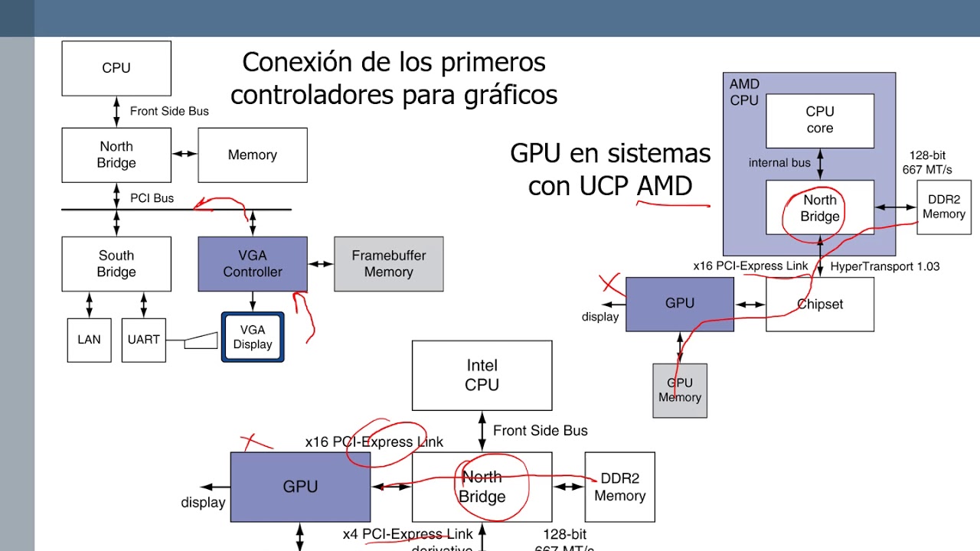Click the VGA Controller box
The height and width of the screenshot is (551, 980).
tap(253, 264)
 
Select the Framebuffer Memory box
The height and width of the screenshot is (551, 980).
tap(388, 264)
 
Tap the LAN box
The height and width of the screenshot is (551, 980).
tap(89, 340)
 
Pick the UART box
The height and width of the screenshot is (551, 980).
tap(143, 340)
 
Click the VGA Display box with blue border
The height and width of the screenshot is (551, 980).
tap(253, 337)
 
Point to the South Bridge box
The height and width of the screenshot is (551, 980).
tap(116, 264)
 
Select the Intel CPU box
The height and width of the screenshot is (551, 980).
tap(482, 376)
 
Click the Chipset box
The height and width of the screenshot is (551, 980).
tap(820, 304)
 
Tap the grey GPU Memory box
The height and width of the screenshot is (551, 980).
tap(680, 390)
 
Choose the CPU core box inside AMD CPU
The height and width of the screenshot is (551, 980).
tap(820, 120)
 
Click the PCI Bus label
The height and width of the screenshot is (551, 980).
tap(152, 198)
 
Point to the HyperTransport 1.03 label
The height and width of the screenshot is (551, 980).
tap(885, 266)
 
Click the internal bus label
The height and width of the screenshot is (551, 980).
tap(779, 163)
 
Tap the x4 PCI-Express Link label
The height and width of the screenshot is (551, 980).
tap(408, 534)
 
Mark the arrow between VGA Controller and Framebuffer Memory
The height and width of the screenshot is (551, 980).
tap(321, 264)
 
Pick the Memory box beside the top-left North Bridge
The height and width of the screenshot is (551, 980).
tap(253, 155)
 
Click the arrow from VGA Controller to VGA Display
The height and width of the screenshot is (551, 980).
tap(253, 302)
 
